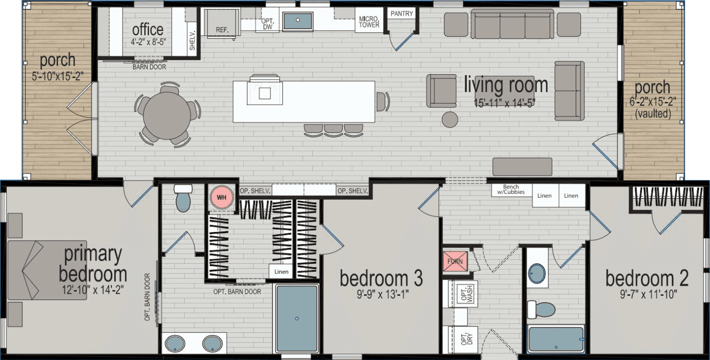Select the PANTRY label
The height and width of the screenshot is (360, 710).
(402, 14)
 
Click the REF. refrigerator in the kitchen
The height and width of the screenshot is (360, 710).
(222, 23)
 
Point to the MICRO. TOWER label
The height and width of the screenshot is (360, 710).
(369, 22)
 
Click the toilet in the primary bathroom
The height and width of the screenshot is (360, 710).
(183, 199)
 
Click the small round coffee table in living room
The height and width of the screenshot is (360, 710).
(450, 119)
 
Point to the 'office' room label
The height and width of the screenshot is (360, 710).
(148, 30)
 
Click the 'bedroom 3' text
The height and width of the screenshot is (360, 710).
(381, 279)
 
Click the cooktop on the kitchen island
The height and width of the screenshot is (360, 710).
(264, 93)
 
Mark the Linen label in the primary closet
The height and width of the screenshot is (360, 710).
(281, 271)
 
